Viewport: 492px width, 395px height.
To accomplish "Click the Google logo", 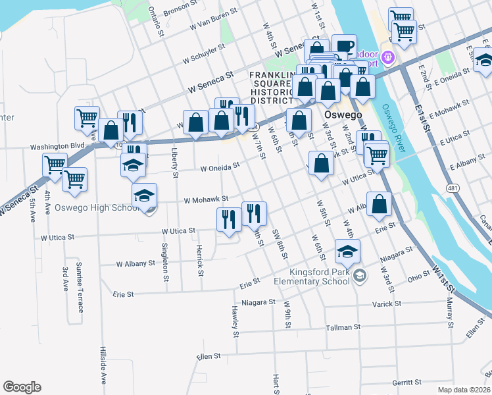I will tap(22, 387).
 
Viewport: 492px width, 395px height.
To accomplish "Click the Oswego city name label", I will tap(343, 115).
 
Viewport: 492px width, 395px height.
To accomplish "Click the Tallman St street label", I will tap(344, 327).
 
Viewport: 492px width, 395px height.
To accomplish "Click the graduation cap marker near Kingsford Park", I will tap(347, 251).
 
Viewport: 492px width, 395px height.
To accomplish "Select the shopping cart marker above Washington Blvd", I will tap(87, 118).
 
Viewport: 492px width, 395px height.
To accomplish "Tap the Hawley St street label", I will tap(235, 321).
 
